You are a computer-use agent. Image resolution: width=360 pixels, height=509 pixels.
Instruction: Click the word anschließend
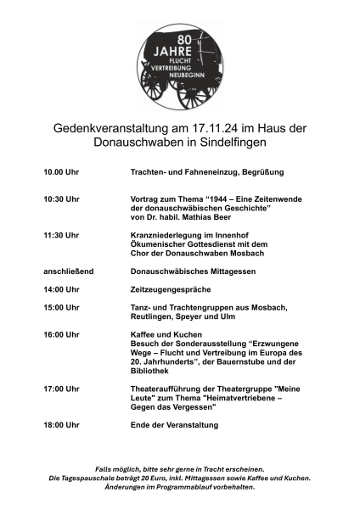point(69,271)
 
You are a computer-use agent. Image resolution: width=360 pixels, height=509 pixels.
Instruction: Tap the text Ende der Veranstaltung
point(175,424)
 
